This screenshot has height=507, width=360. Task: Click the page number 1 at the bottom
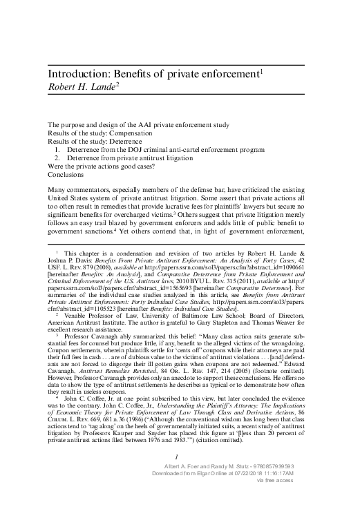[x=178, y=475]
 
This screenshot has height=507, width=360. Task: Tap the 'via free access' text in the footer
[x=295, y=501]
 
